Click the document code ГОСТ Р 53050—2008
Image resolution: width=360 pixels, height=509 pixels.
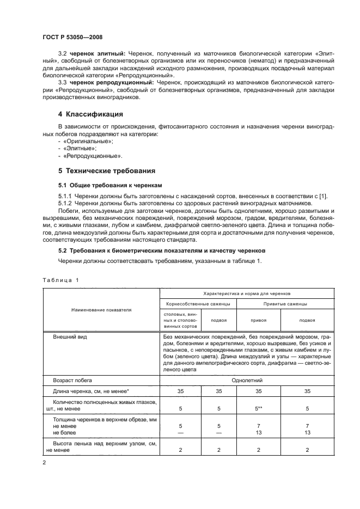[x=72, y=36]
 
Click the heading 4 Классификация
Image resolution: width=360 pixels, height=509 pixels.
[x=91, y=114]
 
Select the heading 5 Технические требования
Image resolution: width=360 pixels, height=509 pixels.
[x=107, y=170]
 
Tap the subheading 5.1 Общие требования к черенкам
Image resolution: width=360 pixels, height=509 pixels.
[x=103, y=185]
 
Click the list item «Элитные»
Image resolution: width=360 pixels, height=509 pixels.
[x=76, y=148]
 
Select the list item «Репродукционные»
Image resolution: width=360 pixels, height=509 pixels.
[x=87, y=155]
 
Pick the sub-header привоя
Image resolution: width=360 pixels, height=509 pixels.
[x=258, y=320]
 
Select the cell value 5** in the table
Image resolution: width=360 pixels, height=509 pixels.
[x=258, y=408]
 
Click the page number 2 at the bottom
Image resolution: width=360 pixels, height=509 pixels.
[x=45, y=463]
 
